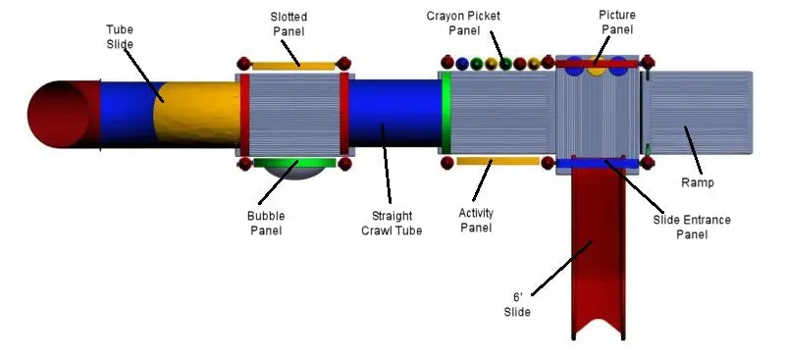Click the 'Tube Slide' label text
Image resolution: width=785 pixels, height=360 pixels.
pos(120,36)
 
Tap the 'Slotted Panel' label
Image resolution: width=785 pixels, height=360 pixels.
pos(288,24)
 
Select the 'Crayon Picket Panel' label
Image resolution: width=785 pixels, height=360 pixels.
pos(463,23)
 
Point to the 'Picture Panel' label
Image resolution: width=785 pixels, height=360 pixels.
pos(617,22)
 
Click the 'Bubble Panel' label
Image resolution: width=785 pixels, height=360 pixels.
pos(266,223)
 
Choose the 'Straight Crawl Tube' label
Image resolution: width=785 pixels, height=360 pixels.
pos(392,223)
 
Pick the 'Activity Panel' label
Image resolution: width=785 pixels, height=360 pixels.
pos(476,221)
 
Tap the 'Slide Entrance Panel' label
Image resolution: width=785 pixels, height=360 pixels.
pos(692,227)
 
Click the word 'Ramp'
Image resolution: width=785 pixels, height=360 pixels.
pos(698,182)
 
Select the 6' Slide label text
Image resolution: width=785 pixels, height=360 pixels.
pos(517,304)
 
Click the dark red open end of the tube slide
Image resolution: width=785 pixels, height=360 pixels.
pos(59,115)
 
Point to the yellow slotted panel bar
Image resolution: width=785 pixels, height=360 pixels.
pos(293,66)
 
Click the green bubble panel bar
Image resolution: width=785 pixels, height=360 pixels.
pos(294,163)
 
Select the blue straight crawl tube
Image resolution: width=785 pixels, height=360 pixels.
pos(394,113)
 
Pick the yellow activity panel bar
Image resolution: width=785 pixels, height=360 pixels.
pos(498,161)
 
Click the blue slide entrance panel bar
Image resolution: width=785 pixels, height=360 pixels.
pos(598,163)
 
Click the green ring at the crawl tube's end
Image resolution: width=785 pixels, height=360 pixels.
pos(445,112)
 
